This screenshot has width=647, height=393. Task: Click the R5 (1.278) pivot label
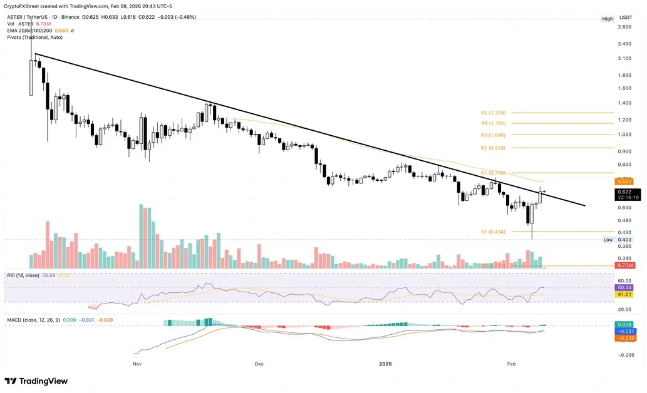(x=494, y=113)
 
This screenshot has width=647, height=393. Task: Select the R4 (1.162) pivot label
(x=494, y=123)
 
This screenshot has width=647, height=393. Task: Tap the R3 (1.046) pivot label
(x=494, y=135)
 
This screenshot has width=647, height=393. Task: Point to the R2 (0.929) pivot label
(x=494, y=148)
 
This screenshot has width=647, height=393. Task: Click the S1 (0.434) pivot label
(x=493, y=232)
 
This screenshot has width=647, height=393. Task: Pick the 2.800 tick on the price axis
(x=624, y=28)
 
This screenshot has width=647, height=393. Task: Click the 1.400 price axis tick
(x=624, y=103)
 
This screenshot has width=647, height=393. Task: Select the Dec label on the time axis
(x=259, y=362)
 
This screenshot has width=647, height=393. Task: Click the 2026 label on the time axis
(x=386, y=362)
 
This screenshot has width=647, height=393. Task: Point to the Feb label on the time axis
(x=511, y=362)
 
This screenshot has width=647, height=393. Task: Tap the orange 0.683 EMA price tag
(x=624, y=182)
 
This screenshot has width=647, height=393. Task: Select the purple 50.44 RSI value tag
(x=624, y=287)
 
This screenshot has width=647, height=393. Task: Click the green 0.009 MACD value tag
(x=624, y=325)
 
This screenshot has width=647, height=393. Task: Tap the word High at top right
(x=608, y=19)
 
